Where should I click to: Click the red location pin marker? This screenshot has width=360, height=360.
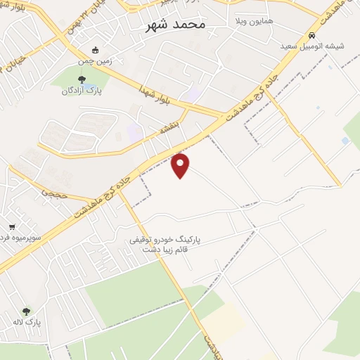tap(181, 165)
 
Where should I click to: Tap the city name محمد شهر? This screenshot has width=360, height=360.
tap(175, 25)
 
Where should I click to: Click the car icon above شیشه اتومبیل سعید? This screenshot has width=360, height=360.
tap(311, 35)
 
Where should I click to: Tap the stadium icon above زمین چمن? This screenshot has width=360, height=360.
tap(96, 49)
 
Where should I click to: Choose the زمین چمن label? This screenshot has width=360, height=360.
tap(96, 61)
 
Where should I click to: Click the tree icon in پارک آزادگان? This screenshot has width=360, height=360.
tap(82, 79)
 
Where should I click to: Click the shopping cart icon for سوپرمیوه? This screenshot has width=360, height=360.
tap(12, 227)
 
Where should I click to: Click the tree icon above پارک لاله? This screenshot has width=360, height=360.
tap(26, 311)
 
